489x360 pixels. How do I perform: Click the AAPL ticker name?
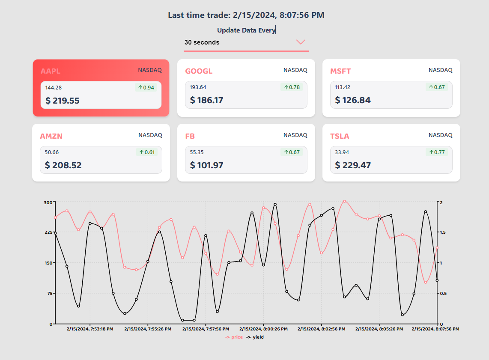51,71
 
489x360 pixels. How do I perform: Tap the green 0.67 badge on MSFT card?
436,87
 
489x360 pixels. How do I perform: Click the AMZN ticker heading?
51,136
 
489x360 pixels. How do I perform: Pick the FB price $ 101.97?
206,165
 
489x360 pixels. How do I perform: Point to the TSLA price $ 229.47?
353,165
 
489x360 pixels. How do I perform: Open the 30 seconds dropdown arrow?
301,42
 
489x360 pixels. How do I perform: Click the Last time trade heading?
246,15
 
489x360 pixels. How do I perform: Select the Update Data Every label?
246,30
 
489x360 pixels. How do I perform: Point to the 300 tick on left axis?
48,202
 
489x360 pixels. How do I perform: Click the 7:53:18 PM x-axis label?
90,329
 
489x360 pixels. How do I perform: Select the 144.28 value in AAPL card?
54,88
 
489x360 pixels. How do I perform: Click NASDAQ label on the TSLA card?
440,135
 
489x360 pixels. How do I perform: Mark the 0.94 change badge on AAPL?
146,87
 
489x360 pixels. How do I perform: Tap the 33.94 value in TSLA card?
342,152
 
